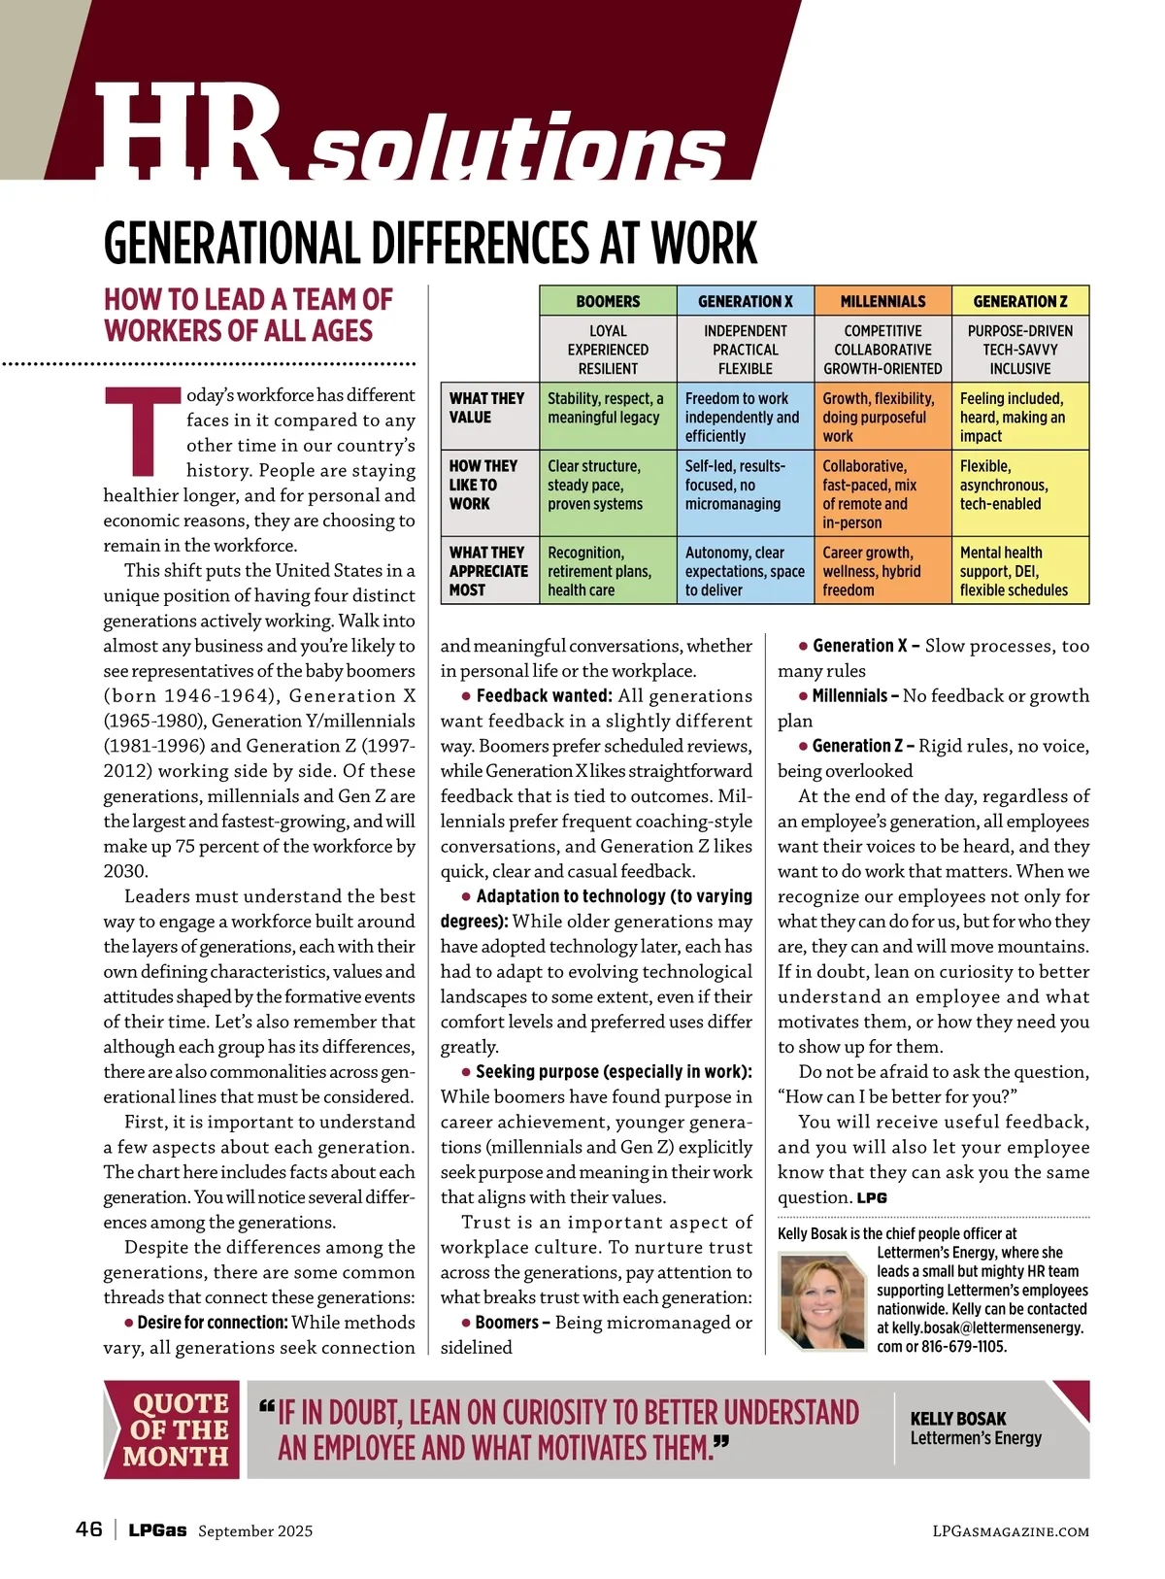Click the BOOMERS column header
click(x=608, y=301)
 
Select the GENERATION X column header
click(x=745, y=301)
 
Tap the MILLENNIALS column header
click(x=882, y=301)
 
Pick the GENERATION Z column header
click(x=1019, y=301)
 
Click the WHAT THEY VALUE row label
click(x=486, y=408)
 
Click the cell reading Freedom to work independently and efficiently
click(x=743, y=418)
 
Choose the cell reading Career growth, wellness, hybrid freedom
click(x=872, y=571)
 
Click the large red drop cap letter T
click(x=143, y=432)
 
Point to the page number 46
click(x=89, y=1529)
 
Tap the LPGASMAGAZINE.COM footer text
click(x=1010, y=1531)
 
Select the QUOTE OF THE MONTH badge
click(x=175, y=1429)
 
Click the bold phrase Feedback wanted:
click(x=545, y=696)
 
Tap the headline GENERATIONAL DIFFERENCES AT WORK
click(x=430, y=243)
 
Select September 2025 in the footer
click(x=255, y=1531)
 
